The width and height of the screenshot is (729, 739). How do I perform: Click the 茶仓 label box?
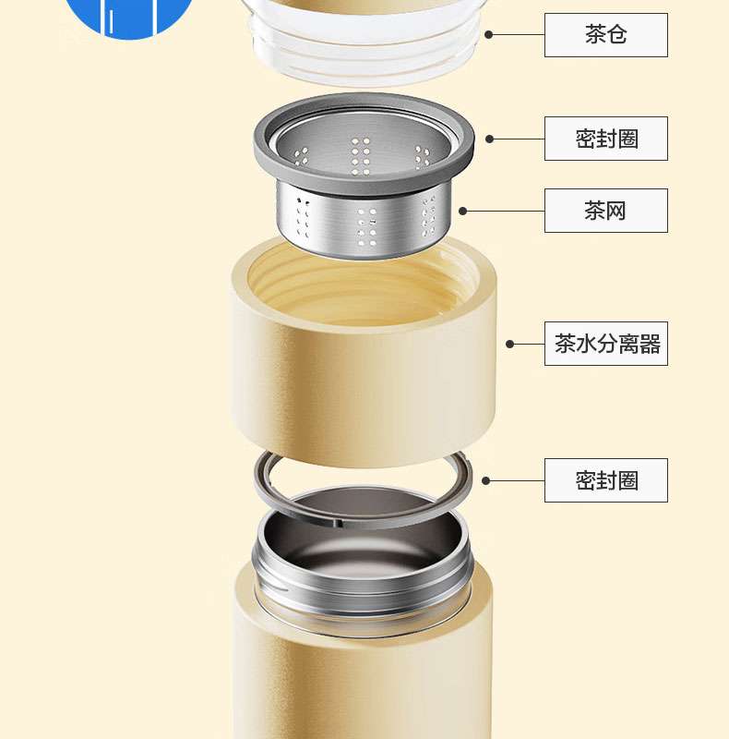coord(606,35)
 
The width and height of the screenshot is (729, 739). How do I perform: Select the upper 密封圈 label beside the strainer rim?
coord(606,139)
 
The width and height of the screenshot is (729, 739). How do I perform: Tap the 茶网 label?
coord(606,211)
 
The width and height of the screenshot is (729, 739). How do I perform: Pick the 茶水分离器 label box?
coord(606,344)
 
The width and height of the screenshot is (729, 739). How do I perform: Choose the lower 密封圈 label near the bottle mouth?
coord(606,480)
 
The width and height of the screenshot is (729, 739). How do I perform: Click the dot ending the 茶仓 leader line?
coord(489,35)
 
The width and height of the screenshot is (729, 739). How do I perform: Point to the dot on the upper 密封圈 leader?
coord(490,139)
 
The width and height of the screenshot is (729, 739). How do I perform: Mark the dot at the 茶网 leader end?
coord(463,211)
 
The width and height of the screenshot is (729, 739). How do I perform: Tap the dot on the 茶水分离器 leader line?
coord(509,344)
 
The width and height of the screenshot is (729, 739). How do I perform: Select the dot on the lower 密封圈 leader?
coord(486,480)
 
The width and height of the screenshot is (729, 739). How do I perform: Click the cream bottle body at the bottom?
coord(363,684)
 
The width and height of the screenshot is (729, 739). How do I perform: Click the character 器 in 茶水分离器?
coord(650,344)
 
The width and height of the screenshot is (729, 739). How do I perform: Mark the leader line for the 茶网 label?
coord(504,211)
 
